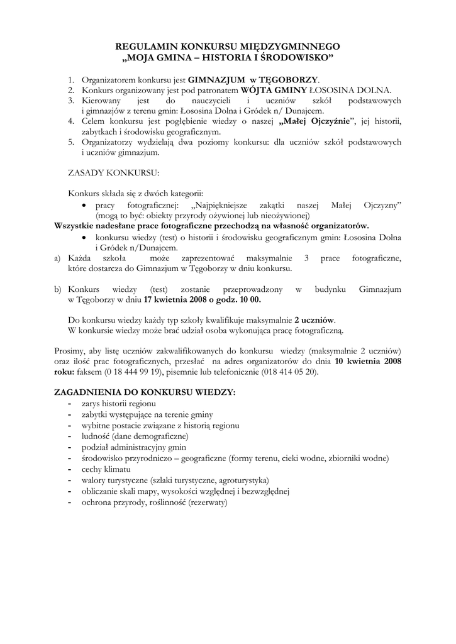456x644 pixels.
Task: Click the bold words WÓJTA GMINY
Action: point(274,90)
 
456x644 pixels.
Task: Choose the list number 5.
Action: point(71,142)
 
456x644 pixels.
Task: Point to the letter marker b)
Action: point(58,289)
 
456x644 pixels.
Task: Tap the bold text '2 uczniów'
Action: point(314,319)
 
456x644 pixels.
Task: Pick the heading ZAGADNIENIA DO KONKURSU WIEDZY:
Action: point(145,392)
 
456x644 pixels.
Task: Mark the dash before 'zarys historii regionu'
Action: point(69,403)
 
